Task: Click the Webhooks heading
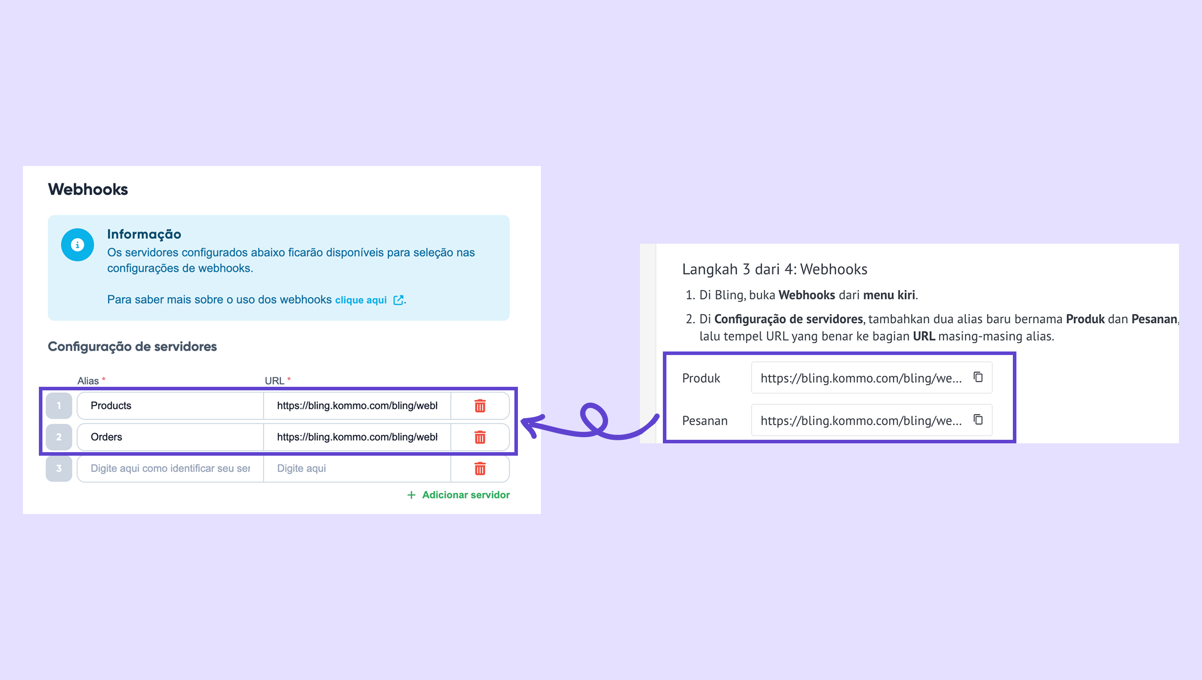[x=88, y=189]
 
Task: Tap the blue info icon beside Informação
[x=78, y=245]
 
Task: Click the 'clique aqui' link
[x=361, y=300]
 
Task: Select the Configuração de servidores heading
[x=132, y=347]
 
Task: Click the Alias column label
[x=88, y=381]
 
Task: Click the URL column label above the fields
[x=274, y=381]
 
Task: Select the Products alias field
[x=170, y=405]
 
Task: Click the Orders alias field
[x=170, y=437]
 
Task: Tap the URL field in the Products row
[x=357, y=405]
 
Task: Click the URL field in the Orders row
[x=357, y=437]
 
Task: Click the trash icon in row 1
[x=480, y=405]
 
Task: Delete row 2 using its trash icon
[x=480, y=437]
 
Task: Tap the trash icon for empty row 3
[x=480, y=468]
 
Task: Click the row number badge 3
[x=59, y=468]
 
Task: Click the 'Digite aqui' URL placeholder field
[x=357, y=468]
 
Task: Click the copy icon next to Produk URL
[x=978, y=377]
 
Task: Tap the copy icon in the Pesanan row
[x=978, y=419]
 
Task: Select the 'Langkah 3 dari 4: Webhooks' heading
[x=774, y=269]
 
